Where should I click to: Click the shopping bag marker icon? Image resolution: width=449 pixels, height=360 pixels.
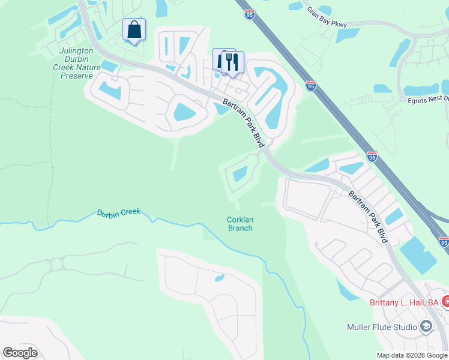[134, 29]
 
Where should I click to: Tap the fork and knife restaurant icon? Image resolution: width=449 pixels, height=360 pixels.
[232, 61]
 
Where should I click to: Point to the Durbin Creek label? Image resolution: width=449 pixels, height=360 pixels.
[118, 212]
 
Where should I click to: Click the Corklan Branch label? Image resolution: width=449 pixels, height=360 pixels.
[240, 224]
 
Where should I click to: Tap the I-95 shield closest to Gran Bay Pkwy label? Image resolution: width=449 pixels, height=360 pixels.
[249, 14]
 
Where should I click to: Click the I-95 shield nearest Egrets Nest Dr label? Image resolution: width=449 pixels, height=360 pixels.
[310, 86]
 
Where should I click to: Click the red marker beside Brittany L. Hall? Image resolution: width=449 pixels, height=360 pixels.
[445, 302]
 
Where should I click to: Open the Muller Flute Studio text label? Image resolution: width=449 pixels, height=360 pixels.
[382, 327]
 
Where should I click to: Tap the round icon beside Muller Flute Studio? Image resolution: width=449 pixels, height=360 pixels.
[426, 326]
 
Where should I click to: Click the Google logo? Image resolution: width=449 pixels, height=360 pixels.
[20, 353]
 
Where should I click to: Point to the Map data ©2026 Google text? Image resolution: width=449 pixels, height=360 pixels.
[412, 355]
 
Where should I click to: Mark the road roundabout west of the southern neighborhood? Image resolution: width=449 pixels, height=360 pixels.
[57, 264]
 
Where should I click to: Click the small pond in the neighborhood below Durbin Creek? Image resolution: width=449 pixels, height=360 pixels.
[220, 278]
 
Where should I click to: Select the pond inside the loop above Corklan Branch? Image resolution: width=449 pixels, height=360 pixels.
[240, 174]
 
